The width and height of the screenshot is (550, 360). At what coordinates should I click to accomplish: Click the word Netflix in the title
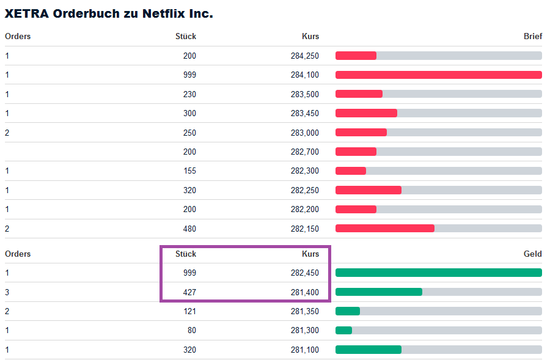pos(158,13)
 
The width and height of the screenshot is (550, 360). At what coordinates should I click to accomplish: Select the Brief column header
pos(532,36)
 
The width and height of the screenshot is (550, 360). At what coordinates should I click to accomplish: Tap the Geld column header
pos(532,254)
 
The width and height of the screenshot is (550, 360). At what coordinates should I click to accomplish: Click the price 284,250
pos(304,56)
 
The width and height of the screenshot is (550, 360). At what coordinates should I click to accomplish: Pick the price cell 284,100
pos(304,75)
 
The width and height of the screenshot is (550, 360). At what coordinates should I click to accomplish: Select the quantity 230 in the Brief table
pos(189,94)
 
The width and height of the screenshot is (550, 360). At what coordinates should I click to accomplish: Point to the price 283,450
pos(304,113)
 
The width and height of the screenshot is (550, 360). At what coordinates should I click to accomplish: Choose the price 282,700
pos(304,152)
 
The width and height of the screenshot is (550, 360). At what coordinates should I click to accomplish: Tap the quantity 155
pos(189,171)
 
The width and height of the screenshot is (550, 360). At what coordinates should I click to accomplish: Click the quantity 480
pos(189,229)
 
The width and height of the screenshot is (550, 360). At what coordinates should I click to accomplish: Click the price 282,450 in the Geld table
pos(304,273)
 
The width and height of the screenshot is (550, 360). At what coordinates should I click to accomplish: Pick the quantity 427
pos(189,292)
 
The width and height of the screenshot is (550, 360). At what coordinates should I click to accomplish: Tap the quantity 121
pos(189,311)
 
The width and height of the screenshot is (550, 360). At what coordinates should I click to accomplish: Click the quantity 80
pos(191,331)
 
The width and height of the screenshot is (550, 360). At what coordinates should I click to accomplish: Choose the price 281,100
pos(304,350)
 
